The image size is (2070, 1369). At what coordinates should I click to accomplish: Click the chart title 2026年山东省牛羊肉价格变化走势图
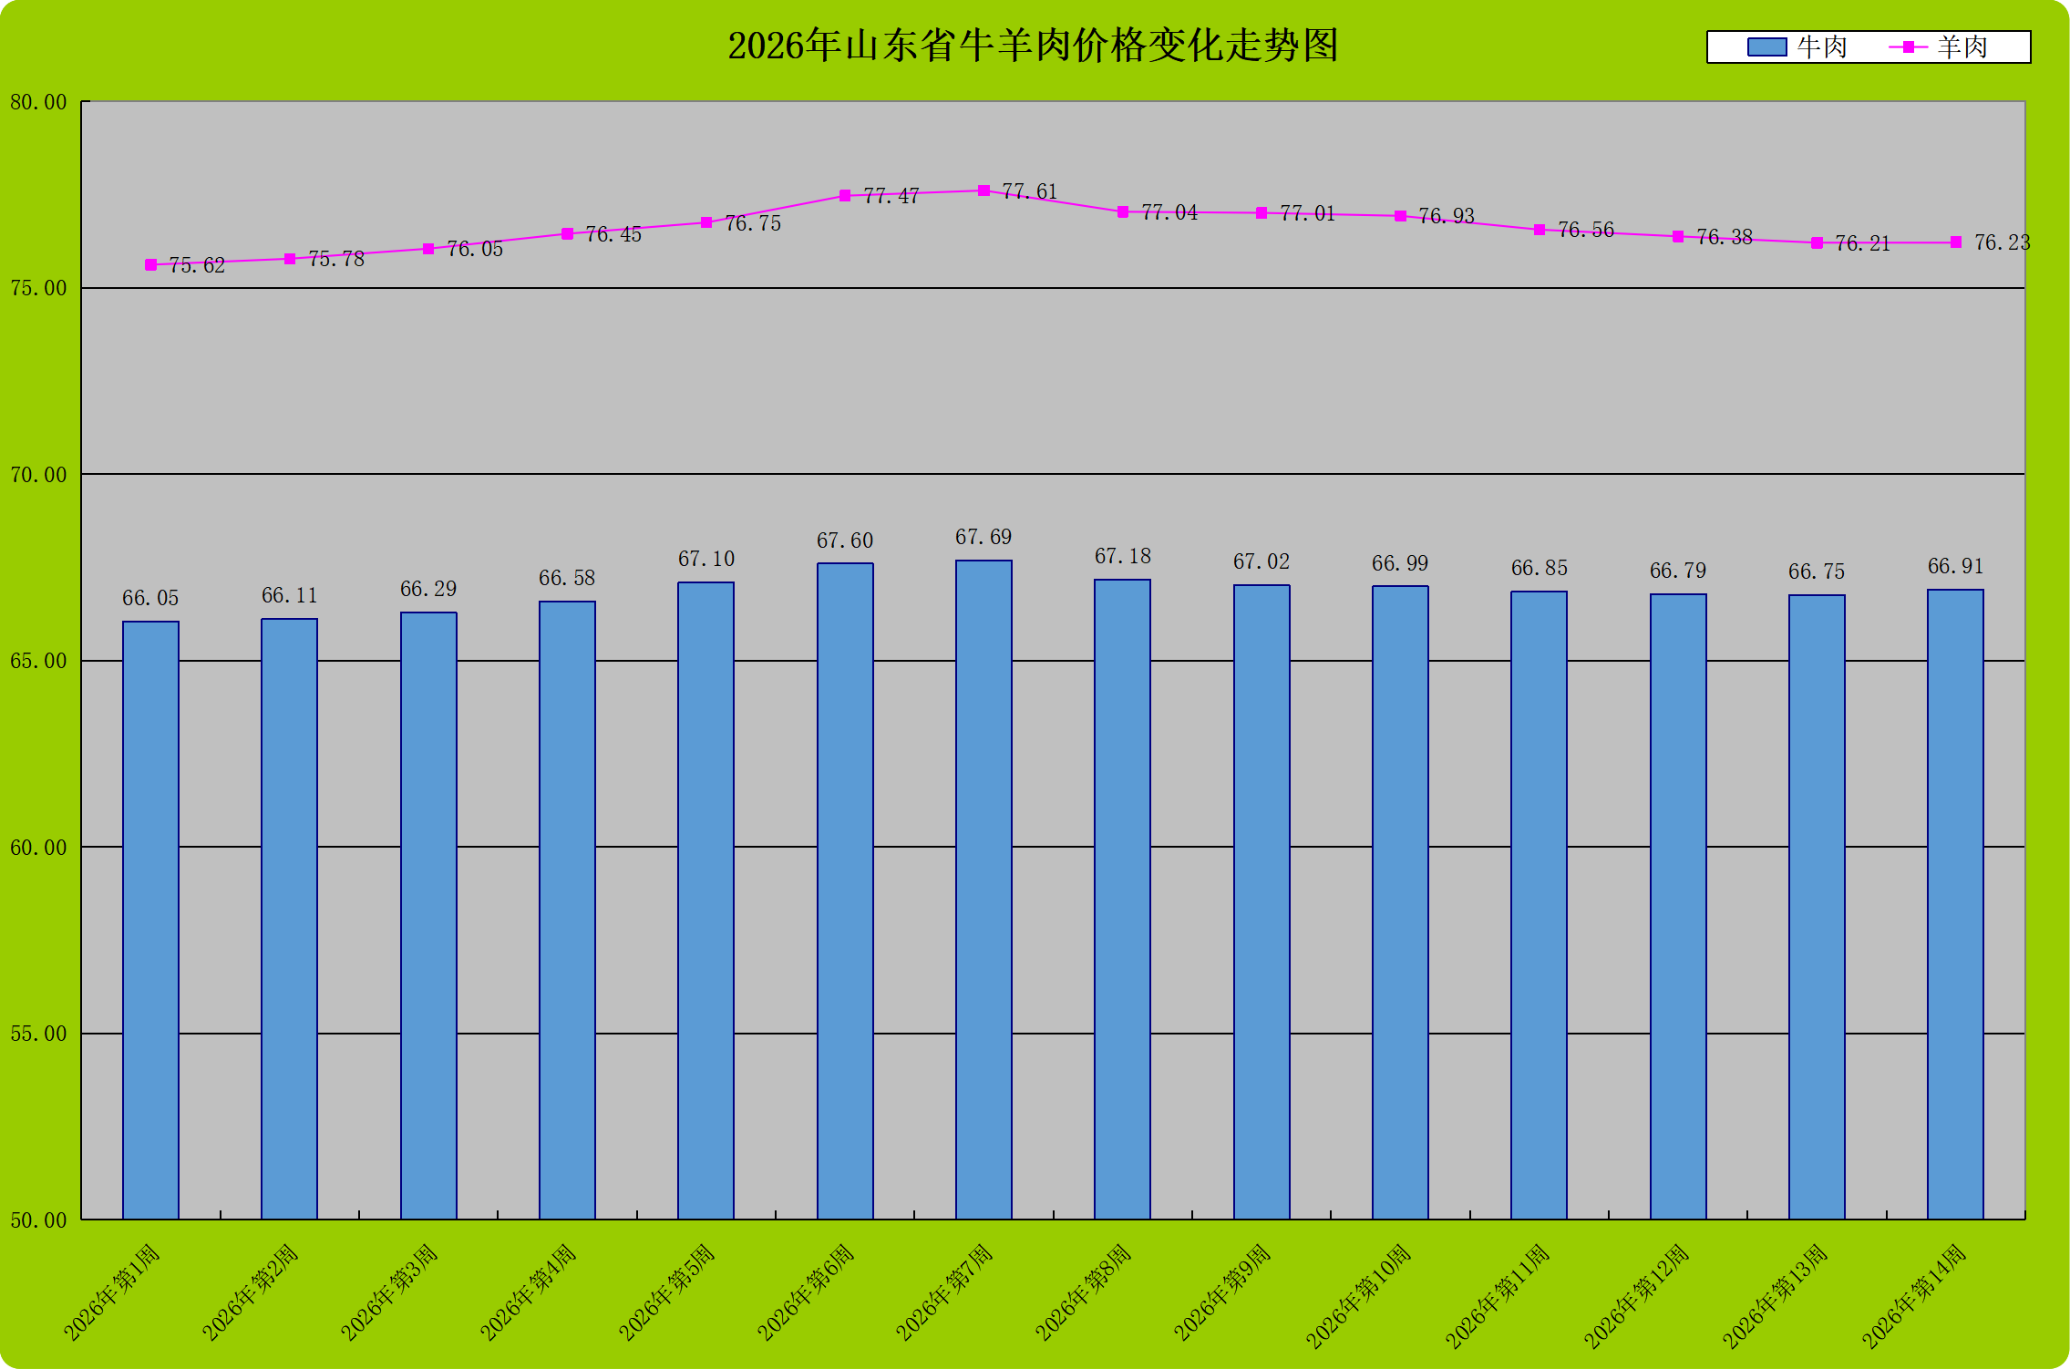coord(1033,46)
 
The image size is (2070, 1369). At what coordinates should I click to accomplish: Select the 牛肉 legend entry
coord(1797,47)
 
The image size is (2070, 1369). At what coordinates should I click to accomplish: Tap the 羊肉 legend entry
coord(1939,47)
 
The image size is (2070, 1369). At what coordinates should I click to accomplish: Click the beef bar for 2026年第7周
coord(984,889)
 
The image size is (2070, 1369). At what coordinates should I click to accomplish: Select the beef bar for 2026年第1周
coord(150,920)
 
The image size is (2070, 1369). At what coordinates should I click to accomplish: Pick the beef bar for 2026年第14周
coord(1955,903)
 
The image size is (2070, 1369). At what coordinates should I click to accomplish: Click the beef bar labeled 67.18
coord(1122,899)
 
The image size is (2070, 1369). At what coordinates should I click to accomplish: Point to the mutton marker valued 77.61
coord(984,190)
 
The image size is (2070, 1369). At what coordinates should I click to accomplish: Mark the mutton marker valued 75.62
coord(150,265)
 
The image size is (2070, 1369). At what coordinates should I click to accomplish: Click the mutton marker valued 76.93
coord(1400,216)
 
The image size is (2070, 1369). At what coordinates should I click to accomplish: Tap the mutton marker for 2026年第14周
coord(1955,242)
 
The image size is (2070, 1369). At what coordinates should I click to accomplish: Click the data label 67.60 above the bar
coord(844,540)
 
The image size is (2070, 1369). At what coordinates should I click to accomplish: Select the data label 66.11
coord(289,595)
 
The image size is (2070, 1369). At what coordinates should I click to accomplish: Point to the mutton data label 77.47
coord(891,196)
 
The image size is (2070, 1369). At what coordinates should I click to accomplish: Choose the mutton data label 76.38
coord(1724,237)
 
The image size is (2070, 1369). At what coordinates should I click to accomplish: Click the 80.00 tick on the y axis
coord(39,102)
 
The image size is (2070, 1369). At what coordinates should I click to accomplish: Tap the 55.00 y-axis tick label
coord(39,1034)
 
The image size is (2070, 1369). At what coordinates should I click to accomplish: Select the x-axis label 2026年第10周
coord(1358,1295)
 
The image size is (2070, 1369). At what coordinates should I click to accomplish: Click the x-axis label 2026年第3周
coord(389,1292)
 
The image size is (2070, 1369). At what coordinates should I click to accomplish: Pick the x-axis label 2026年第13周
coord(1775,1295)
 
